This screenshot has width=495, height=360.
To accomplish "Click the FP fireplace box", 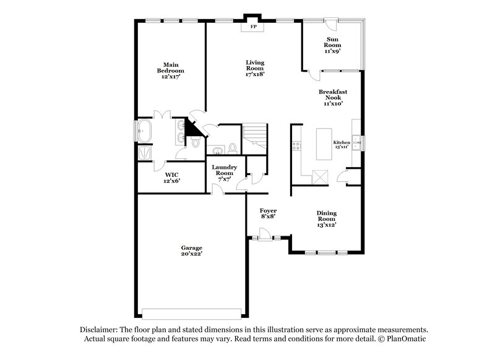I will (252, 27).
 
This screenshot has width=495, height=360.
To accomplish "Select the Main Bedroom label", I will (170, 71).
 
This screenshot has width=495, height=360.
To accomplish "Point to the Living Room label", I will (255, 68).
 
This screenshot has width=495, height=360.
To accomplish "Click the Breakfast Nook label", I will (333, 97).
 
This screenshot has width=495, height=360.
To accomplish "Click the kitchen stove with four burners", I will (296, 147).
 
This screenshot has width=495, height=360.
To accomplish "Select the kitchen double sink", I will (356, 142).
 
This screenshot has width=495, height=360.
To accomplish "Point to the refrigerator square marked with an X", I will (320, 177).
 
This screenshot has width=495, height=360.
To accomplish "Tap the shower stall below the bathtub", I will (146, 153).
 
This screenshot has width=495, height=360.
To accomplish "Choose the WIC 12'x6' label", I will (171, 178).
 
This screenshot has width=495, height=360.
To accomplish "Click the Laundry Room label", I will (224, 173).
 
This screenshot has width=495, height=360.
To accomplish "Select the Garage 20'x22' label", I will (191, 251).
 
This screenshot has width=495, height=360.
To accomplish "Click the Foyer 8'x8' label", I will (267, 213).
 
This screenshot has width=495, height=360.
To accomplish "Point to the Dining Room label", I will (327, 219).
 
